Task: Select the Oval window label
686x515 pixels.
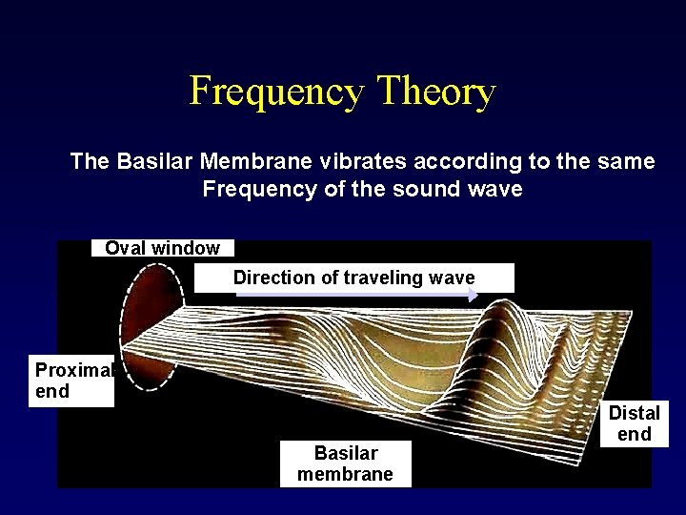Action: tap(162, 248)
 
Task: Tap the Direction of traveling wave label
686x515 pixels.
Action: tap(353, 278)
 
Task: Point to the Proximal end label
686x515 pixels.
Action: tap(71, 381)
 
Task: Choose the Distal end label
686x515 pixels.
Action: tap(635, 423)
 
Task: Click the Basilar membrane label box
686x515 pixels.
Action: tap(345, 463)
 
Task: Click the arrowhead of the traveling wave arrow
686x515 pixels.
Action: tap(474, 296)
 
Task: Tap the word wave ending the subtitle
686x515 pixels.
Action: tap(496, 189)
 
